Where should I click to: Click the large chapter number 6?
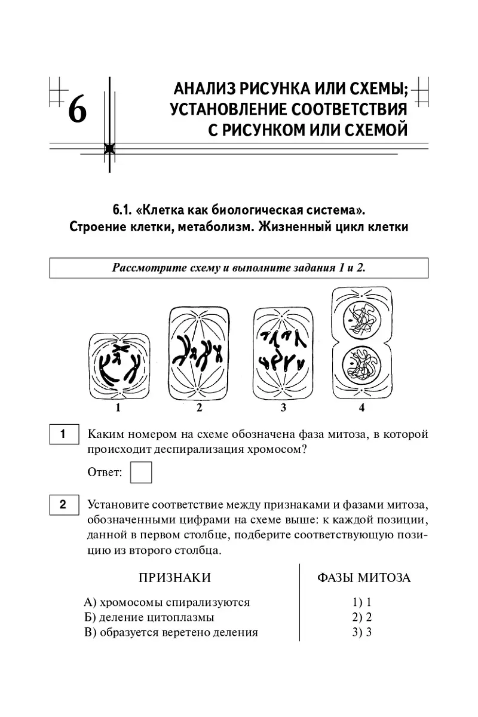78,110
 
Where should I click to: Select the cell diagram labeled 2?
199,353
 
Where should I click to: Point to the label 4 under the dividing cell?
361,408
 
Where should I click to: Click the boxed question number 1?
63,434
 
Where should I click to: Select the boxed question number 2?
63,505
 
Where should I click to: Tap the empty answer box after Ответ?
141,472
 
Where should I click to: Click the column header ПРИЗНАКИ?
174,578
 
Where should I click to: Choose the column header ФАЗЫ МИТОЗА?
363,578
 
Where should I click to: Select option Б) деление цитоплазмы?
149,617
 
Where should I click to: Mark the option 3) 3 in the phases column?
362,633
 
